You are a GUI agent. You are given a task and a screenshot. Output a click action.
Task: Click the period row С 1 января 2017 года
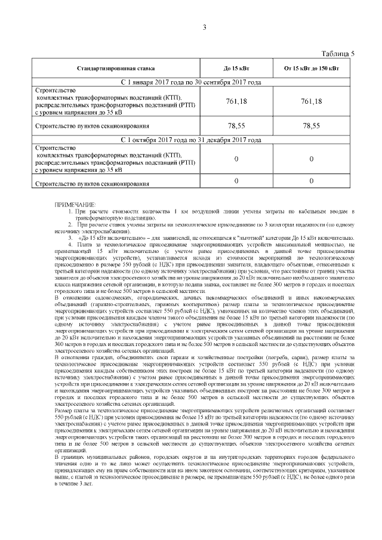[x=191, y=82]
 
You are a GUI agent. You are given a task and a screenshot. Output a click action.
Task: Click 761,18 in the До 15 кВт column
[x=236, y=101]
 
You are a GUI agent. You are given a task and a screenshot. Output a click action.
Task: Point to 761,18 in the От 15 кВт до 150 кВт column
[x=312, y=101]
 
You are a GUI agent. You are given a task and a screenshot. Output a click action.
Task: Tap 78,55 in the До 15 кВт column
[x=236, y=126]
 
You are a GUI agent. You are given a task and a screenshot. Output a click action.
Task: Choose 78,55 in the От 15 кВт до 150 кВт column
[x=312, y=126]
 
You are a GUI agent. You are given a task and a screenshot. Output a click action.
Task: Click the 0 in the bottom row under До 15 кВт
[x=236, y=181]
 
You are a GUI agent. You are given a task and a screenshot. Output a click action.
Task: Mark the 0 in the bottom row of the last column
[x=312, y=181]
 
